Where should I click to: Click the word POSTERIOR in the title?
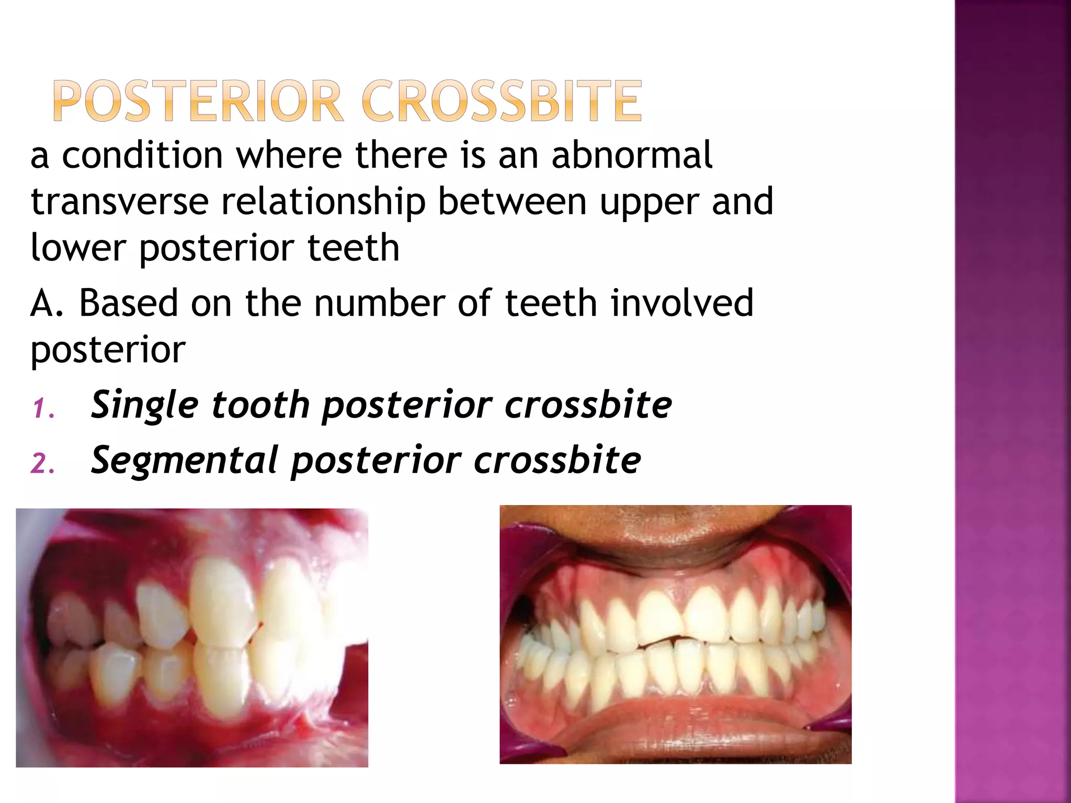198,101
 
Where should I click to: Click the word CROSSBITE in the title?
501,101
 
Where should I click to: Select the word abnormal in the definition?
632,155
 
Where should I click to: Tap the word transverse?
120,202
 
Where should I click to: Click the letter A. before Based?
47,303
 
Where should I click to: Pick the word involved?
682,303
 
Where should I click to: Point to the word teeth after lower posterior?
353,248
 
